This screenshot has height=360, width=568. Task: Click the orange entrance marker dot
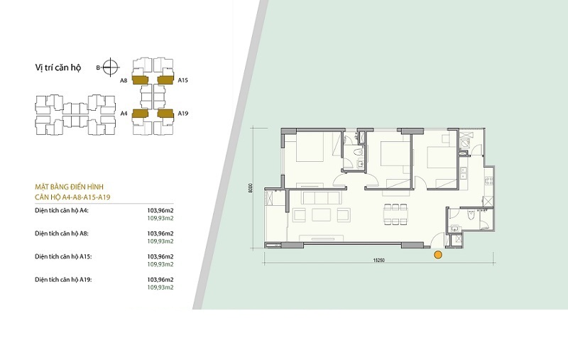point(438,255)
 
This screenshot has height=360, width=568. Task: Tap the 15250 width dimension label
point(378,260)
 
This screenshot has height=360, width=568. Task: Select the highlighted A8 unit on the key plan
point(140,80)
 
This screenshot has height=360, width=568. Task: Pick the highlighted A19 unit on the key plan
point(165,114)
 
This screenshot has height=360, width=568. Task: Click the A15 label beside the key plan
point(183,80)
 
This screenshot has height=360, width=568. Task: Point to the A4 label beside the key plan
point(124,114)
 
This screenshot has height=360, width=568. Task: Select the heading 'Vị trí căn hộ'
point(58,67)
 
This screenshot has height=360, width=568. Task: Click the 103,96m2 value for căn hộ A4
point(160,210)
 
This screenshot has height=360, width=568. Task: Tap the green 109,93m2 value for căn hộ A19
point(160,287)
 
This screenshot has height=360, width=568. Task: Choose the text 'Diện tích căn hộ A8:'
point(62,234)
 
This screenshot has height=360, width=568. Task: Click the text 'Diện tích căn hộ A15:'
point(63,256)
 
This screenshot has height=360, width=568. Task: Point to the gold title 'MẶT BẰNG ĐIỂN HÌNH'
point(69,187)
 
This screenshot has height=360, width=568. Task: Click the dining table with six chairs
point(395,214)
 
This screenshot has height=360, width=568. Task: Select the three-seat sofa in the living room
point(322,198)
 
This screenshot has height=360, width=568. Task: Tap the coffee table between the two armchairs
point(322,214)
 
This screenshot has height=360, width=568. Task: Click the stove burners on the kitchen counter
point(488,180)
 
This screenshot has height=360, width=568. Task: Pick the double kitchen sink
point(463,173)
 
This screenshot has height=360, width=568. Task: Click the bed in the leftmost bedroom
point(310,147)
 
